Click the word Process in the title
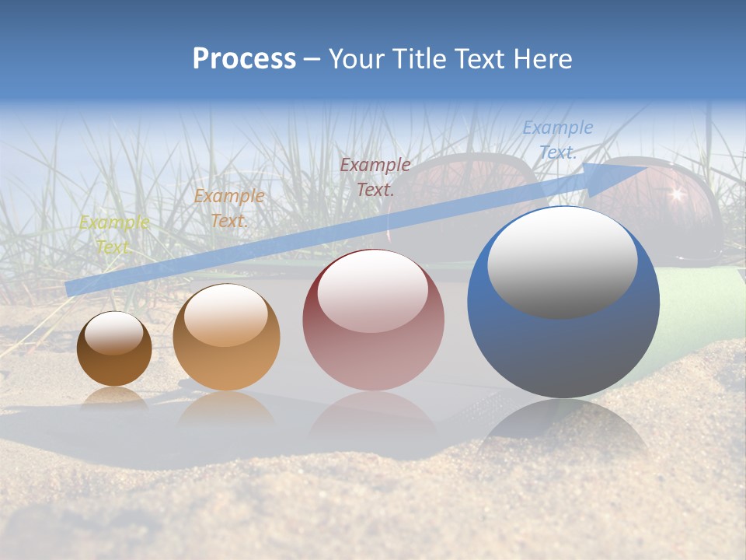click(x=244, y=59)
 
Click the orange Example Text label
click(x=229, y=208)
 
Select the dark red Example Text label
click(x=375, y=177)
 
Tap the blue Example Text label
click(x=557, y=139)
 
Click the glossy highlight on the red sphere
click(x=373, y=290)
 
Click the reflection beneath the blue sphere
click(x=563, y=432)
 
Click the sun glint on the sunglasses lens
click(x=674, y=194)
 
